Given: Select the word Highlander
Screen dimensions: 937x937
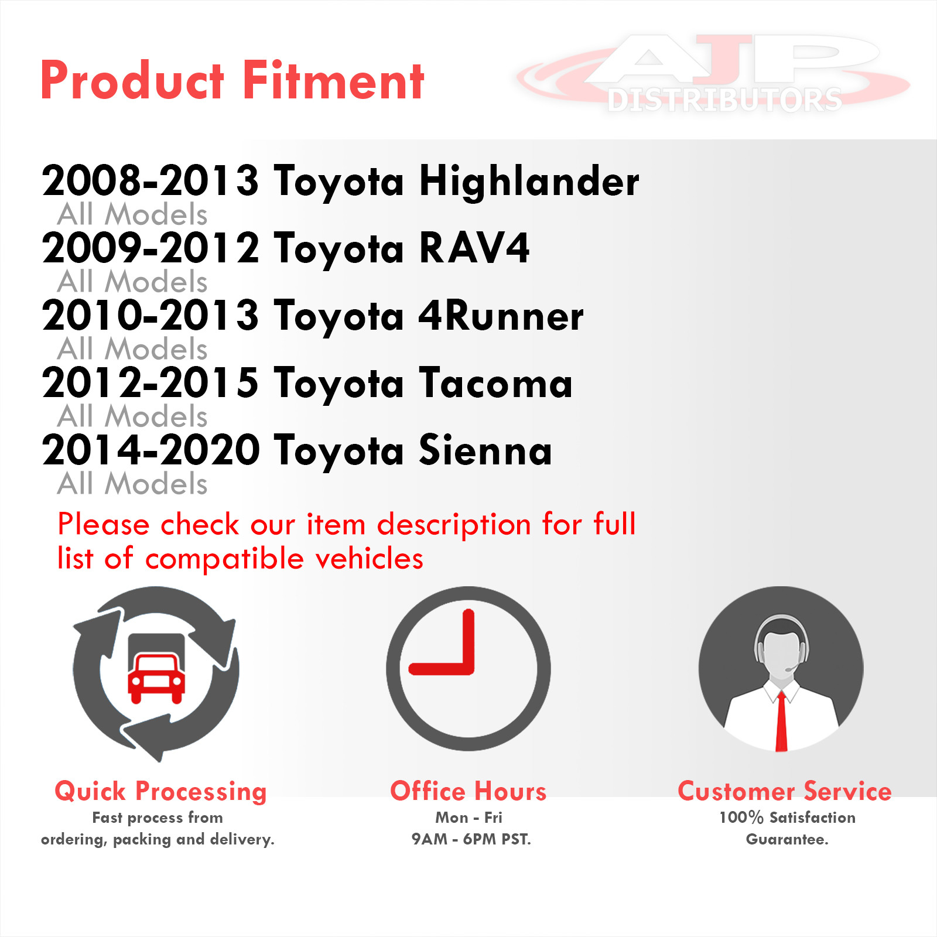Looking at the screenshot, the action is (x=529, y=182).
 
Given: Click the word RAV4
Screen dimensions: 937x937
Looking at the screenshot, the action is (x=474, y=248).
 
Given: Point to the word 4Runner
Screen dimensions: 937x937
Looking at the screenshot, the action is (x=501, y=316).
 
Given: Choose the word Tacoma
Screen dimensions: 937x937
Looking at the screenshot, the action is (x=495, y=383).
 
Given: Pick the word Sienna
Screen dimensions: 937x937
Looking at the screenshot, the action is (x=485, y=450).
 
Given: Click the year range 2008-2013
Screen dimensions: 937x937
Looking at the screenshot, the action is (x=150, y=181).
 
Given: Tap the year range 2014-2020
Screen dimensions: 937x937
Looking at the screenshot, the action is (x=151, y=450).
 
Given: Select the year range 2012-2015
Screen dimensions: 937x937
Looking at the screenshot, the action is (x=150, y=383).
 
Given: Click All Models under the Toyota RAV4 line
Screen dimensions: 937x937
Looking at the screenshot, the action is (x=132, y=281).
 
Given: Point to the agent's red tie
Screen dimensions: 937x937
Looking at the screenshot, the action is (x=781, y=721).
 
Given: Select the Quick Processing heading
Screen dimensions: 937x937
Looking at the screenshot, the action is (x=160, y=791).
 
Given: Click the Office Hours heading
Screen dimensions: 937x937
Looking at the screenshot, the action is (x=468, y=791).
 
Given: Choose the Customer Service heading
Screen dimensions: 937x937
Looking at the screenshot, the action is (x=785, y=791).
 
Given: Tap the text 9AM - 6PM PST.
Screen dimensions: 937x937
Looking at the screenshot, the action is (x=471, y=839).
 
